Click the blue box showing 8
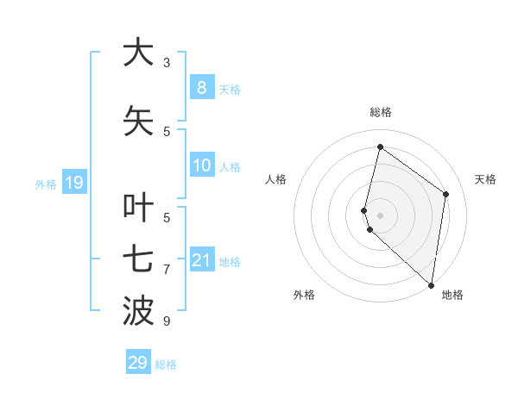[201, 87]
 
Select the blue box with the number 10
[201, 165]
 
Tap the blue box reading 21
[201, 260]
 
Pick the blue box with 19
[73, 182]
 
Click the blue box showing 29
[137, 363]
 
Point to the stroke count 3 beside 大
[167, 63]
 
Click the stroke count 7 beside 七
[167, 270]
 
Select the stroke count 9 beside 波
[167, 321]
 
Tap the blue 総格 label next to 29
[166, 364]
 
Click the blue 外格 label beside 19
[46, 184]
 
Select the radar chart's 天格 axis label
[485, 179]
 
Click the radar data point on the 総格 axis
[380, 146]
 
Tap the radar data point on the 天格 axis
[446, 194]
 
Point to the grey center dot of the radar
[380, 215]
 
